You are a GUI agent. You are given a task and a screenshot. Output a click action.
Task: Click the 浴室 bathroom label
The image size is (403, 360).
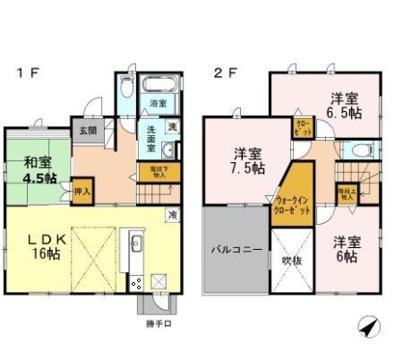158,103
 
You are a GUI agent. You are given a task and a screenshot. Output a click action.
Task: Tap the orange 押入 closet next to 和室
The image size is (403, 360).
81,191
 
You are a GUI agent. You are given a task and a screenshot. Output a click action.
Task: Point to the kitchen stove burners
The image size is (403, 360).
137,284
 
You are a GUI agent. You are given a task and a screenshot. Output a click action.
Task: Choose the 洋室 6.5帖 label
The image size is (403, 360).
345,106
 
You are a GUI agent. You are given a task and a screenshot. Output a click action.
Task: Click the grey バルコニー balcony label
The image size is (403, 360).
235,251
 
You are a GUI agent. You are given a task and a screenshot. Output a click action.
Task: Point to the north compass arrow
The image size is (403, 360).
367,328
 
